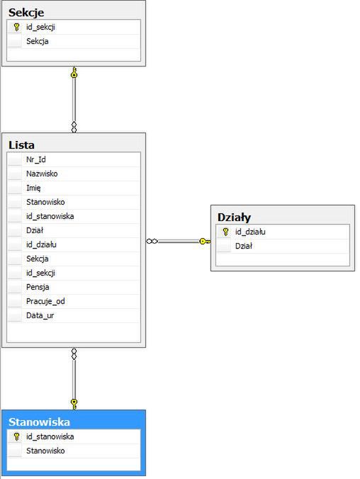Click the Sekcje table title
click(x=26, y=13)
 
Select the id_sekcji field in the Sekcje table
click(x=40, y=27)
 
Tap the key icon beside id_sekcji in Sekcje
click(x=16, y=27)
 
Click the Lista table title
click(x=21, y=145)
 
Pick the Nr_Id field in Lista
click(x=35, y=159)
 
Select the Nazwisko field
click(x=42, y=174)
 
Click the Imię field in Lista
click(x=33, y=188)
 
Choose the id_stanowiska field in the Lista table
click(x=50, y=216)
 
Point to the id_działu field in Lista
click(x=41, y=244)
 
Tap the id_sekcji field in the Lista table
click(x=40, y=273)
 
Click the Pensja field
click(x=38, y=287)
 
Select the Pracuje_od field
click(x=45, y=302)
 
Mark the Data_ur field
click(x=40, y=315)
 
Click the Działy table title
click(x=234, y=218)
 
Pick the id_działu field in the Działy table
click(x=250, y=232)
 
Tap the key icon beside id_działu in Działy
click(x=225, y=232)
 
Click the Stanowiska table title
click(x=39, y=422)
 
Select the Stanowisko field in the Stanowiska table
click(x=45, y=451)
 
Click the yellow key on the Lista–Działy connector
click(x=204, y=242)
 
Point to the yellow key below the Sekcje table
click(x=74, y=73)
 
